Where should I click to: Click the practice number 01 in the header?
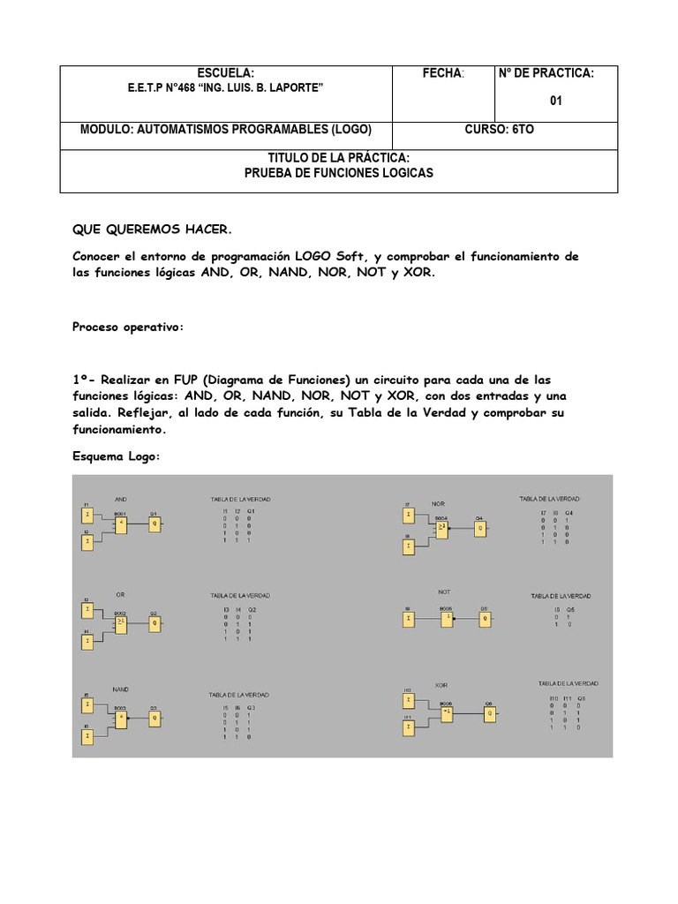tap(556, 101)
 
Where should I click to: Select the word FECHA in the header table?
tap(443, 73)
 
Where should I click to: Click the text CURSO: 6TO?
tap(499, 130)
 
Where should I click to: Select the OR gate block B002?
tap(121, 621)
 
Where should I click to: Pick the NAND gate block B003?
tap(121, 720)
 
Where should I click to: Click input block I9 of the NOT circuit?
tap(409, 619)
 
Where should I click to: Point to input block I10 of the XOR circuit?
tap(408, 701)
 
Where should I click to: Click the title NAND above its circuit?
tap(121, 689)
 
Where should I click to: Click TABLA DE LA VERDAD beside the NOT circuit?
tap(561, 596)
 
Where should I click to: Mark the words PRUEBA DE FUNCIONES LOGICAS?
tap(339, 174)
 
